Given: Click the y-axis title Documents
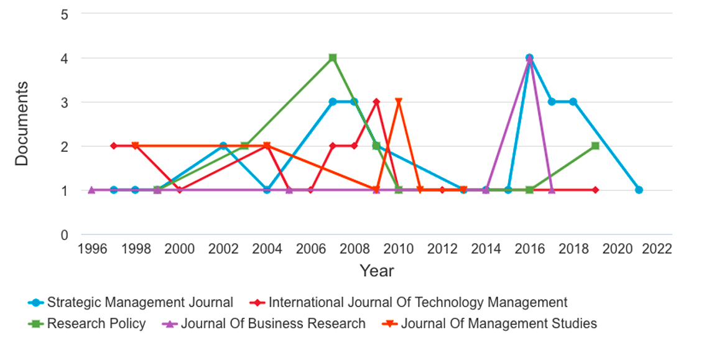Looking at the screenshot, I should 22,123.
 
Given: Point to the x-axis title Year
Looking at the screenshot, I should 376,271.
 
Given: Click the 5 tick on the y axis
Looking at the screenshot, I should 65,14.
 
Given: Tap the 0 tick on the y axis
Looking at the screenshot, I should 65,235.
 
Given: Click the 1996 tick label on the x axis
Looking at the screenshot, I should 92,249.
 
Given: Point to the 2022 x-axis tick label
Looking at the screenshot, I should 657,249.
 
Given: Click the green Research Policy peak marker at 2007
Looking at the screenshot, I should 333,58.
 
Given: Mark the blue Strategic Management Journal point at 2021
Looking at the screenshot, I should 639,190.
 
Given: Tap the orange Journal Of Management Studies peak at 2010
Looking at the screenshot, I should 399,102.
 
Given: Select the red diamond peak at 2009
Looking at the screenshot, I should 376,102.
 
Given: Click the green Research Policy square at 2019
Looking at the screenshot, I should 595,145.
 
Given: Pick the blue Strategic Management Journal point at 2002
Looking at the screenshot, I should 223,145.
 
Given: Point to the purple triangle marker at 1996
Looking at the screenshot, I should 92,190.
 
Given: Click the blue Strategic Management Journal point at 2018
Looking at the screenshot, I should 573,102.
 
